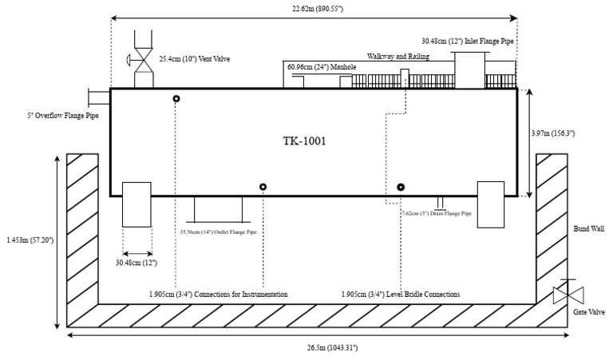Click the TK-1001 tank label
304,141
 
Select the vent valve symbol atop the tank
144,59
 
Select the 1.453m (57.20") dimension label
29,239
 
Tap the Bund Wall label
586,229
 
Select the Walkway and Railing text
398,57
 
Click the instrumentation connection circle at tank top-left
176,98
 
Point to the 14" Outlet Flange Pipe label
220,233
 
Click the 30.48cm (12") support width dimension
136,263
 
